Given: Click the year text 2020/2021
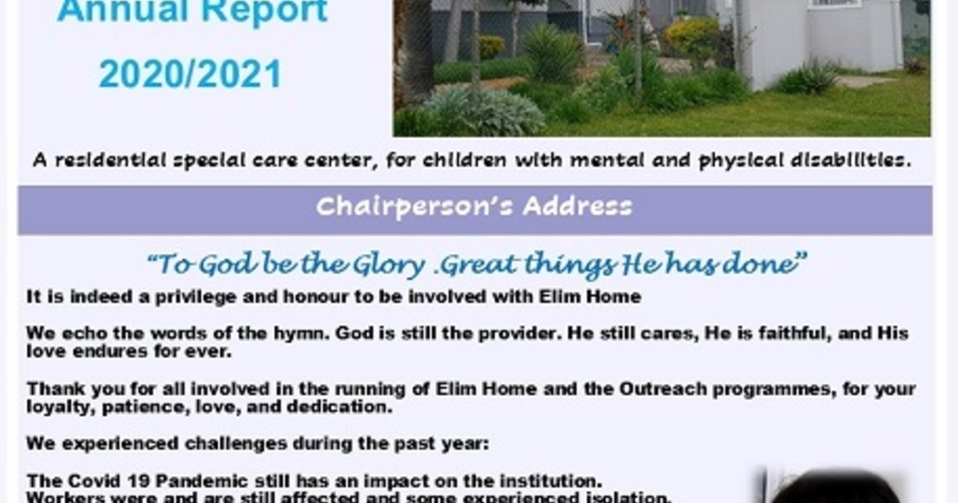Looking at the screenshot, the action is (x=190, y=74).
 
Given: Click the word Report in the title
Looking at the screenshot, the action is (x=264, y=10).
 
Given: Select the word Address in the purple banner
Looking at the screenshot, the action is (x=577, y=206).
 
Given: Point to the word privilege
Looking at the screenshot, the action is (x=196, y=297).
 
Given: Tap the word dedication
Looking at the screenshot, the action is (x=339, y=406).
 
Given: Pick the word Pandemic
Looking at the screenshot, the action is (x=202, y=481).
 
